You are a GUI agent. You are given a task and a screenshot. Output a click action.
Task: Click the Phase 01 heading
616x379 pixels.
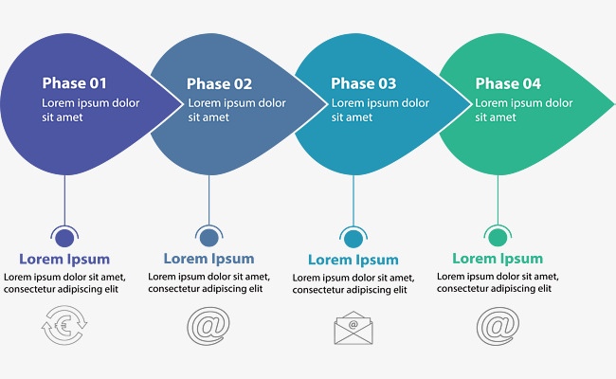point(73,83)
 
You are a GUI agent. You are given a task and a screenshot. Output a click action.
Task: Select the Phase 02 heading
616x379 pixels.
point(219,83)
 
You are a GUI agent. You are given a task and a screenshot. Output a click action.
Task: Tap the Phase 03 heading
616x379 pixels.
point(363,83)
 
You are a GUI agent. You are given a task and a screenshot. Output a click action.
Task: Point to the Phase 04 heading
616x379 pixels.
point(508,83)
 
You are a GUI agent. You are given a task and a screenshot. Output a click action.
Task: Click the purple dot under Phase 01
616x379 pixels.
point(64,238)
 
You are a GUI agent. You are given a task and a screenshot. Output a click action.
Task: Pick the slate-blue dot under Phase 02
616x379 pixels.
point(208,238)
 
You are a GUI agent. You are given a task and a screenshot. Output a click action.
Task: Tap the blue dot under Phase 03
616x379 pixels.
point(353,239)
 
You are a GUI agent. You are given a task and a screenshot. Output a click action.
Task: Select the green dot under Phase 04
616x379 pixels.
point(498,237)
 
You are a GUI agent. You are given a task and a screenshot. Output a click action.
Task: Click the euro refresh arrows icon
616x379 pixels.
point(63,327)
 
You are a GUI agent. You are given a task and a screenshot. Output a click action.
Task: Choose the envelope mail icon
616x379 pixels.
point(353,327)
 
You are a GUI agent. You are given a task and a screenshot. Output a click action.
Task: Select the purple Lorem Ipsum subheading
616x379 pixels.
point(64,259)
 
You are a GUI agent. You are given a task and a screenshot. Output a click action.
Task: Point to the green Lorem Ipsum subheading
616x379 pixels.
point(498,258)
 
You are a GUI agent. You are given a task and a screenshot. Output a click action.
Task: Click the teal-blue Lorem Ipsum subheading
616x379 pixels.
point(353,260)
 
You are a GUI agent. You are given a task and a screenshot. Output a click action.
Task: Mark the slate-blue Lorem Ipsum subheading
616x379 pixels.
point(208,259)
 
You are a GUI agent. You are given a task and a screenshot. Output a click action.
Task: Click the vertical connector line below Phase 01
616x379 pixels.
point(64,199)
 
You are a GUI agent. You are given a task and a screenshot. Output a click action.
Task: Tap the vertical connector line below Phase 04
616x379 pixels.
point(498,199)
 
